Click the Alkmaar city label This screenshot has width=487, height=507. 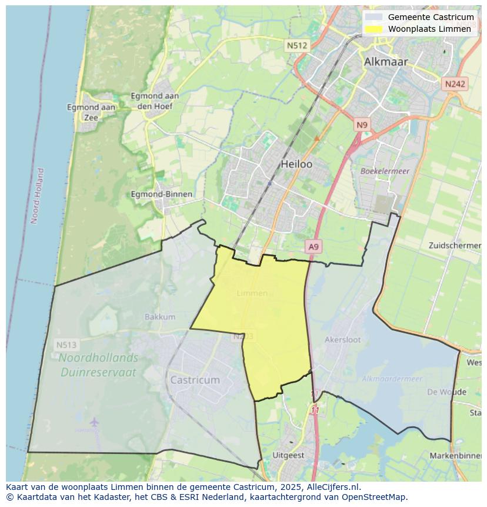point(385,61)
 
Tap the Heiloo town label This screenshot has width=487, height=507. point(296,164)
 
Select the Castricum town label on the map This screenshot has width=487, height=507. point(195,380)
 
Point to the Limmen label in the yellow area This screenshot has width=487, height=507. point(252,293)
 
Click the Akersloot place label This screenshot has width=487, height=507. point(342,340)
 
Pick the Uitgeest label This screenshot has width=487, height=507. point(288,455)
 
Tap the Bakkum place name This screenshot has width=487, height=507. point(160,317)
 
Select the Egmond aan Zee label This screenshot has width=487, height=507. point(91,112)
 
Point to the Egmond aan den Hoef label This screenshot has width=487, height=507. point(154,101)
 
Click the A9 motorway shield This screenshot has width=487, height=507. point(314,247)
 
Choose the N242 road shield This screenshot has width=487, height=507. point(455,84)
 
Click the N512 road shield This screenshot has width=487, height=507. point(298,45)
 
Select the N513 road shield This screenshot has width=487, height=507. point(66,344)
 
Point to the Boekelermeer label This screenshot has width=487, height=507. point(385,171)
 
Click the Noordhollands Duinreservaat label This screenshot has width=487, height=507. point(98,365)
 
